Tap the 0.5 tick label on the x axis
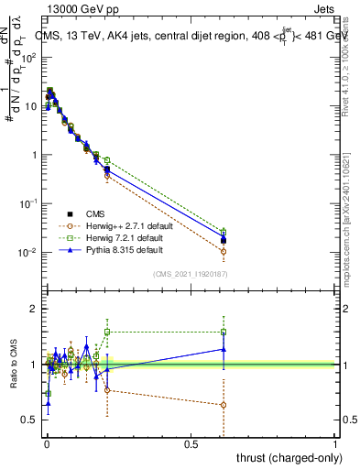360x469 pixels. (191, 442)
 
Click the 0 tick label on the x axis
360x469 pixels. (47, 442)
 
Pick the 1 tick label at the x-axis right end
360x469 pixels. (335, 442)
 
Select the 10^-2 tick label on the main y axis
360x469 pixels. (27, 253)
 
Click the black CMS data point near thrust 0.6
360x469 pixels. (224, 241)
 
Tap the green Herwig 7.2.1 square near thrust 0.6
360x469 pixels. (224, 232)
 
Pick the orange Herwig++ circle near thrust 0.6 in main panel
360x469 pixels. (224, 251)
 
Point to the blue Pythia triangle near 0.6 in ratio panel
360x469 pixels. (224, 349)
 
